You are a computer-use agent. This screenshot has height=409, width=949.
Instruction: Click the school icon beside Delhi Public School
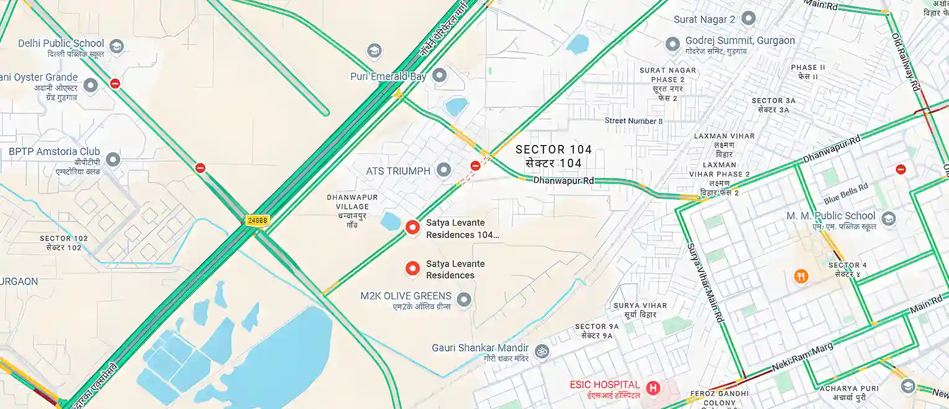pos(116,46)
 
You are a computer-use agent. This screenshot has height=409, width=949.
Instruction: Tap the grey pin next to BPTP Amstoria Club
pos(112,159)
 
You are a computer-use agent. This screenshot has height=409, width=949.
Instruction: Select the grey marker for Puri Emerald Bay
pos(439,76)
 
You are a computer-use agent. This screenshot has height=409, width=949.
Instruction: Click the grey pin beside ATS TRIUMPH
pos(443,169)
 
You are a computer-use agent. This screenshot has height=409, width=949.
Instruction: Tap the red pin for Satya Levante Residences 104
pos(412,227)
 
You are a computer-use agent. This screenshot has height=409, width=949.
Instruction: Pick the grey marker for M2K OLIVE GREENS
pos(463,301)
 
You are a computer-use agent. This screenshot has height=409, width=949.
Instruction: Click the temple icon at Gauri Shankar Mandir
pos(541,351)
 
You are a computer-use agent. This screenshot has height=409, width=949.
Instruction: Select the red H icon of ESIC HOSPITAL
pos(653,388)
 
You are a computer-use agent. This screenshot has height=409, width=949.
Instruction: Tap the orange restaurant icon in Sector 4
pos(801,276)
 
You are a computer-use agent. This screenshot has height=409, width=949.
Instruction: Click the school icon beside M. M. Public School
pos(888,219)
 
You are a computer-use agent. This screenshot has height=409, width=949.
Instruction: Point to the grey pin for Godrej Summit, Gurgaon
pos(672,45)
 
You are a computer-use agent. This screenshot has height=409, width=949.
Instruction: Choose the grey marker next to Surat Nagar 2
pos(748,18)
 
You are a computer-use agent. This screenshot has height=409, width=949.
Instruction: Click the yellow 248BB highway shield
pos(257,220)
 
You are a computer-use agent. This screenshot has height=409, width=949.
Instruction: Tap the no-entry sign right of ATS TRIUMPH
pos(475,165)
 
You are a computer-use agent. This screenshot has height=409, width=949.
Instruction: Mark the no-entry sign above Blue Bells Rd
pos(901,169)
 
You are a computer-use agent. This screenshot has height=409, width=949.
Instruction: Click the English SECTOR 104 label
pos(553,149)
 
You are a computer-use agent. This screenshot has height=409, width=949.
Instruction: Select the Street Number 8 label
pos(633,121)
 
